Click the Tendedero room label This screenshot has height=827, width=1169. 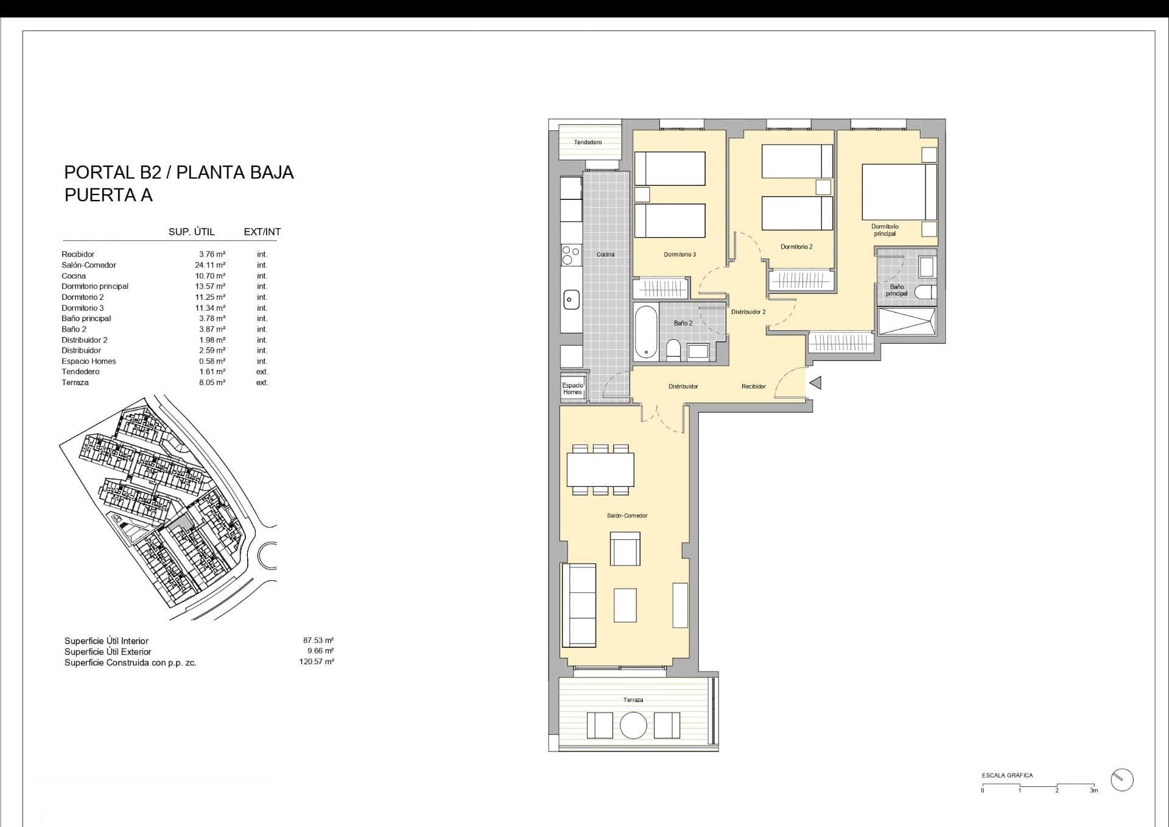tap(588, 142)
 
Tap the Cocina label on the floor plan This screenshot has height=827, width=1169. tap(605, 254)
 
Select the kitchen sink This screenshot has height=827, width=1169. tap(570, 299)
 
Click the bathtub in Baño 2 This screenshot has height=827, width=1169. tap(646, 332)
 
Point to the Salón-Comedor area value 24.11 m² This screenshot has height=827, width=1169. tap(210, 265)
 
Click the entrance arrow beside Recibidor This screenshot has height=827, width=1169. tap(815, 383)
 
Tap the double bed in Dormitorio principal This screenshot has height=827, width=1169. tap(899, 192)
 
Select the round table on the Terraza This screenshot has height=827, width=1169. tap(633, 725)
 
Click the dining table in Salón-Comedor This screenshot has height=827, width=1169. tap(600, 469)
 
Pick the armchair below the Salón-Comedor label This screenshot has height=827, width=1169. tap(625, 548)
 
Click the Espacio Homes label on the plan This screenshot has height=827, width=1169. tap(572, 389)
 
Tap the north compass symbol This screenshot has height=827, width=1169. tap(1122, 779)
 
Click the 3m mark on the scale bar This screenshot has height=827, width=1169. tap(1094, 790)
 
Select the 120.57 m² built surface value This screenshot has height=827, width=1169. tap(317, 662)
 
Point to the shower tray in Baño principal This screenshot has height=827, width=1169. tap(907, 321)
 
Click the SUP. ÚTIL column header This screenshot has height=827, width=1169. tap(192, 232)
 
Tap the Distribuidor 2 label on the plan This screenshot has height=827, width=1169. tap(748, 312)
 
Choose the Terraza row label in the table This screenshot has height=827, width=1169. tap(75, 383)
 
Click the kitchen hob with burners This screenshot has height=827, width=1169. tap(571, 255)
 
